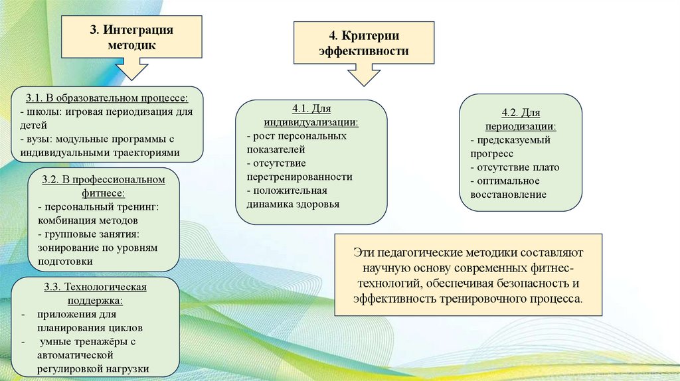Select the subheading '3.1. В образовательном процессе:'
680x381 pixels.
(x=107, y=98)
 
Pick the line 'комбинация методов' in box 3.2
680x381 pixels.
(x=88, y=220)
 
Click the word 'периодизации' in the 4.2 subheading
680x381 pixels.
(x=520, y=126)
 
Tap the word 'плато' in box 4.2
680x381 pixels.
(x=547, y=167)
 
